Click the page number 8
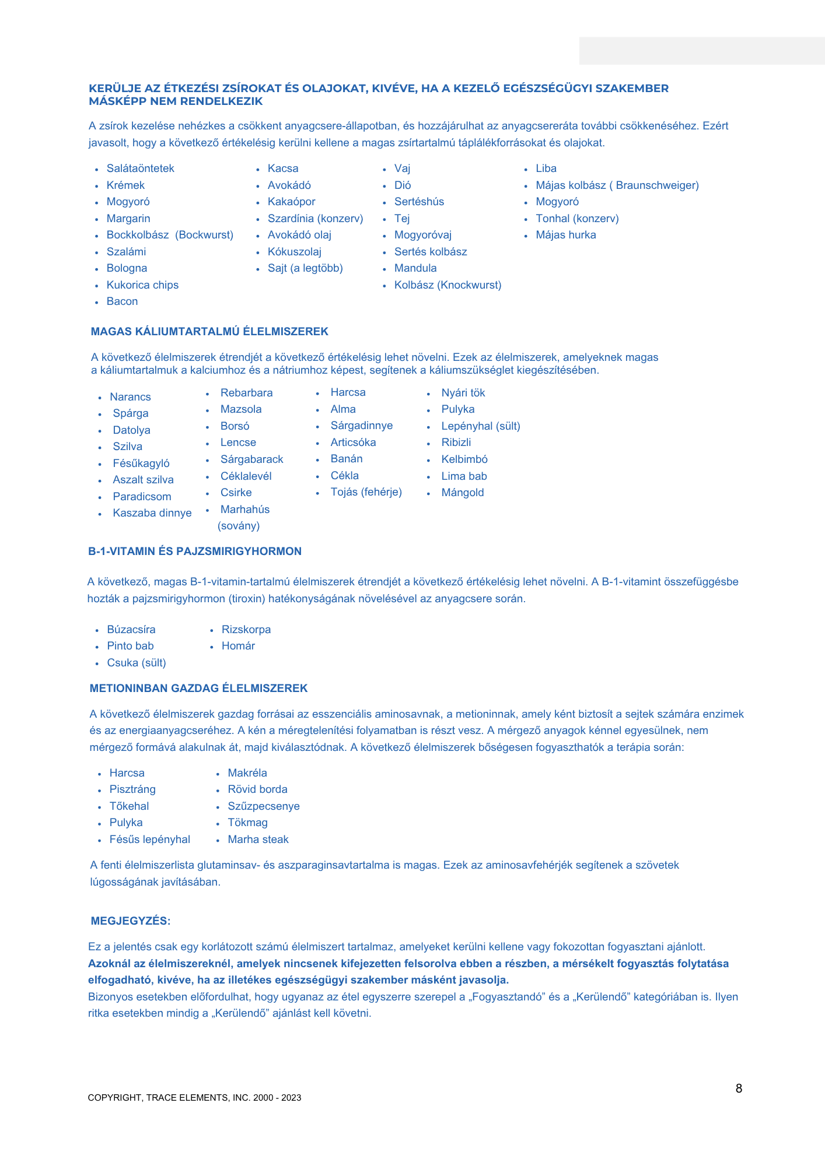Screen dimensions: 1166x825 pos(739,1088)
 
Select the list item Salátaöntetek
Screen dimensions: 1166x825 pos(140,168)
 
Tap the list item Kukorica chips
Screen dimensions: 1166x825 pos(142,285)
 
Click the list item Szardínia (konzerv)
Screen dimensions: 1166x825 pos(315,219)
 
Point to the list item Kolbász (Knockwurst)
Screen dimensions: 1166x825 pos(448,285)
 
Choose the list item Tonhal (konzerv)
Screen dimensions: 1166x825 pos(577,219)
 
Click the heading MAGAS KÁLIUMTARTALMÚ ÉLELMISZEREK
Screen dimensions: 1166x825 pos(209,332)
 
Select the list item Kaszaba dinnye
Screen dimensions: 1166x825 pos(152,513)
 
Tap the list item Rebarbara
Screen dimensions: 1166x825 pos(246,393)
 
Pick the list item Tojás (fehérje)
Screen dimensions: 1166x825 pos(366,492)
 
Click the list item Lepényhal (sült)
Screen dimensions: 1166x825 pos(480,426)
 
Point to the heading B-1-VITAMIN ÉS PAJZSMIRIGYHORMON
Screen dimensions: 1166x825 pos(195,552)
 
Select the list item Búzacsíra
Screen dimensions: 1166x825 pos(131,630)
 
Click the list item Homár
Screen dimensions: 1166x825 pos(238,646)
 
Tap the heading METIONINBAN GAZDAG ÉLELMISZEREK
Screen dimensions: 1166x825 pos(198,689)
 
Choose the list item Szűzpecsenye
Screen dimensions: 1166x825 pos(264,806)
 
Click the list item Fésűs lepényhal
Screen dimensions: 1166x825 pos(150,840)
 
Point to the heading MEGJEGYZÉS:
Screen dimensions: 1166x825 pos(131,921)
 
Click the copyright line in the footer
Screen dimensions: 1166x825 pos(194,1098)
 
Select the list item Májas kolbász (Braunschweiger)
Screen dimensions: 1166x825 pos(617,185)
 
